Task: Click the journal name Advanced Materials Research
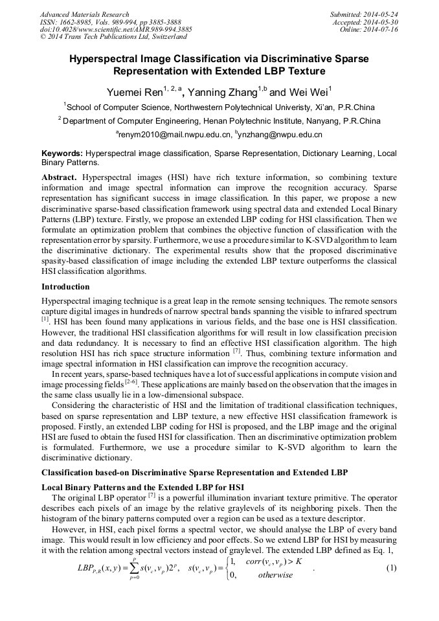[x=85, y=14]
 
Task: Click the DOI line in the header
[x=116, y=29]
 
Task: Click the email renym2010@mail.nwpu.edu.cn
[x=175, y=135]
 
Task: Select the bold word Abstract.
[x=59, y=177]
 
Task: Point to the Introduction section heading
[x=65, y=286]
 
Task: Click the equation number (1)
[x=390, y=568]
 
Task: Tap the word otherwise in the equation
[x=275, y=575]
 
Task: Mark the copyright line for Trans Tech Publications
[x=113, y=37]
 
